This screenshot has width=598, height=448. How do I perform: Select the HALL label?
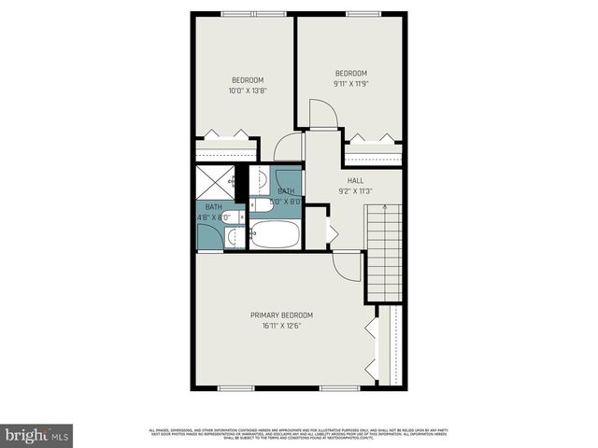coord(356,180)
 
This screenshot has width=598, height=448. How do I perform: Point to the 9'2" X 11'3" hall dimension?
coord(356,191)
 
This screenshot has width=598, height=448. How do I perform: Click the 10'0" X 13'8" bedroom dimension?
coord(248,91)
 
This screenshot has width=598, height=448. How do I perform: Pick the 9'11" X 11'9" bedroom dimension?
coord(350,83)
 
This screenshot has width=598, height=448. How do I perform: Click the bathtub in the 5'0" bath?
coord(275,234)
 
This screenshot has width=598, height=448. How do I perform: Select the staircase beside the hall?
coord(385,249)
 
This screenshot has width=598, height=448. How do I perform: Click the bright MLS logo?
coord(36,436)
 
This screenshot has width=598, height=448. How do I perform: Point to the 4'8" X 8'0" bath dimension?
coord(214,217)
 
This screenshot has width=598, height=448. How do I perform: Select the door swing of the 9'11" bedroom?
coord(323,117)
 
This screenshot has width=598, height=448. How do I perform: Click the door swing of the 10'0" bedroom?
coord(289,147)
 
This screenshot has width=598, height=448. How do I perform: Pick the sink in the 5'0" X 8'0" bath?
coord(263,177)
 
